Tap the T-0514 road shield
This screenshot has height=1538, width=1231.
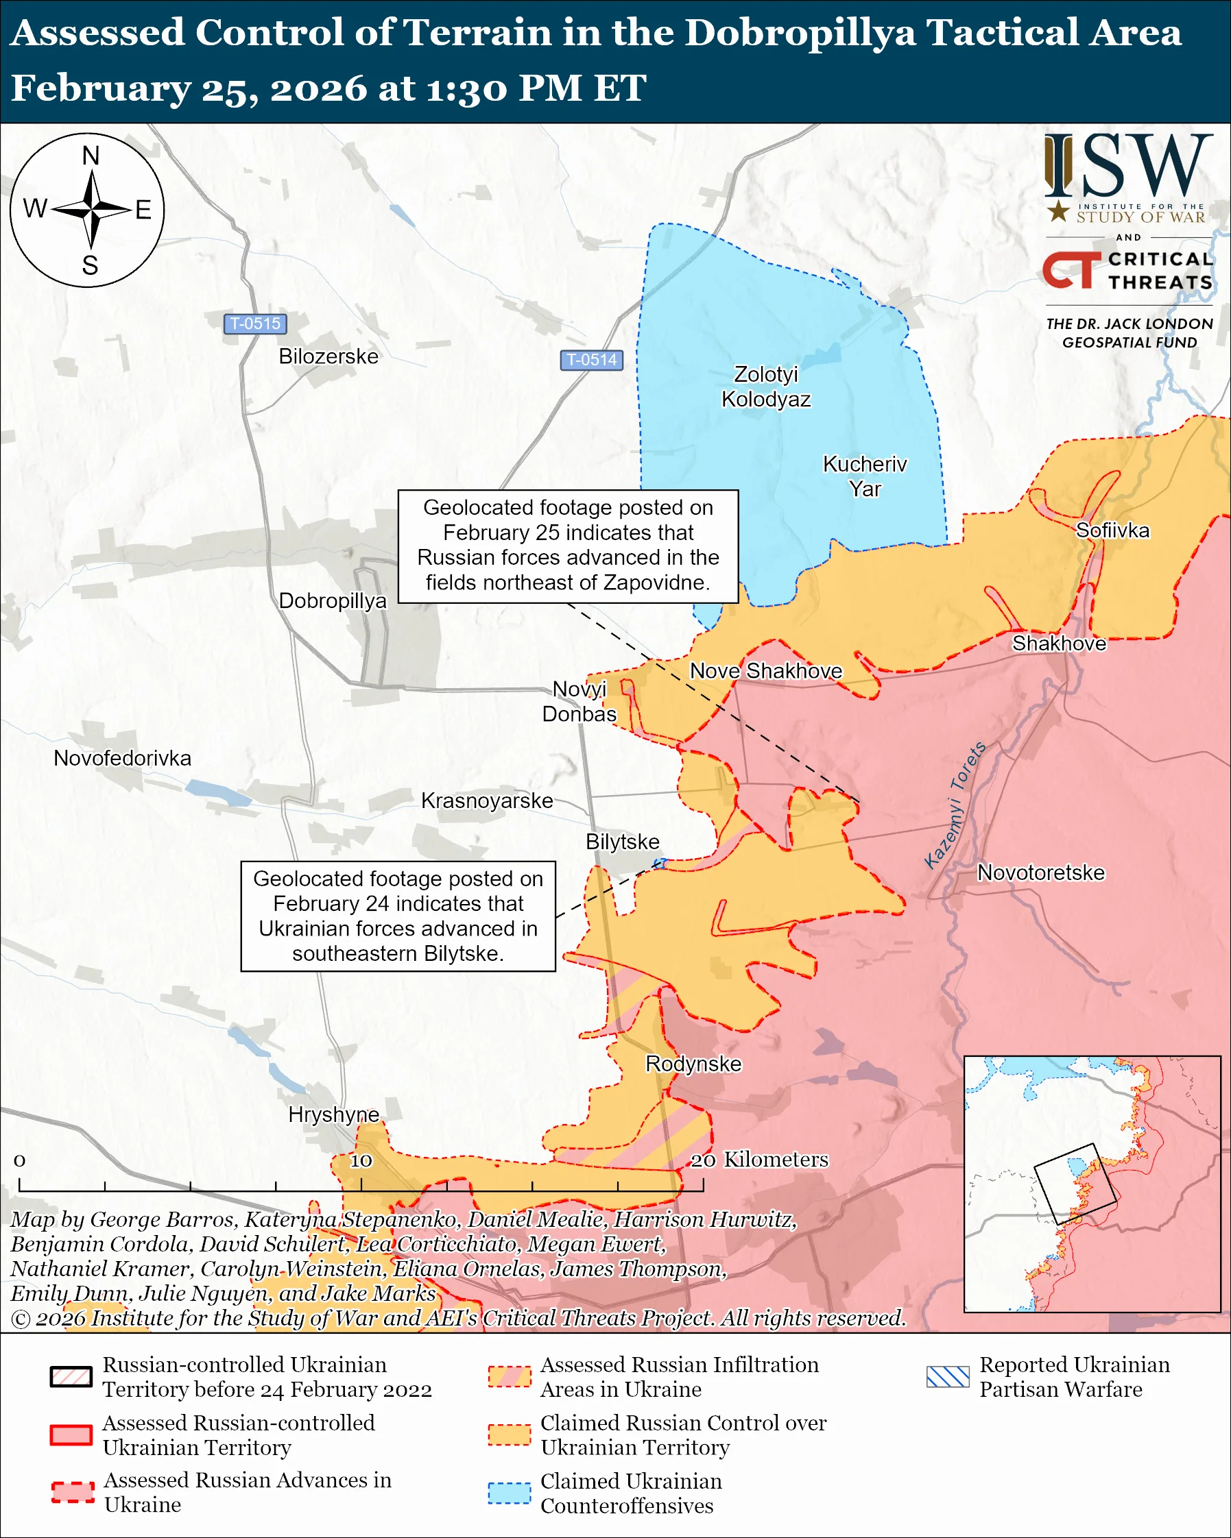click(591, 360)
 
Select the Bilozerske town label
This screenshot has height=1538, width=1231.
click(328, 356)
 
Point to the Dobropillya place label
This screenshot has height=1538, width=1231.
click(333, 600)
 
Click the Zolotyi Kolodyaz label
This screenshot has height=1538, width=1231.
click(766, 387)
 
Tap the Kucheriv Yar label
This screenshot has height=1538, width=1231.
click(865, 476)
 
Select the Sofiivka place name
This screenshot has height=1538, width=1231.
click(1112, 530)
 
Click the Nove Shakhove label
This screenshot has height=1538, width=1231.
click(766, 670)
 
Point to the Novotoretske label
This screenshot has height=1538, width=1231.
click(1040, 872)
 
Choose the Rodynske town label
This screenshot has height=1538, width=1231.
click(693, 1064)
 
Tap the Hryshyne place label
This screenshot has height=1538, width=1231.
click(333, 1114)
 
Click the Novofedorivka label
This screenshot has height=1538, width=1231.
click(123, 757)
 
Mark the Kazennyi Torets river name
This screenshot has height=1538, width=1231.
click(955, 805)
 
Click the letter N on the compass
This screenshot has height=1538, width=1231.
click(91, 156)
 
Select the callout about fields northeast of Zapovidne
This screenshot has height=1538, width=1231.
click(568, 546)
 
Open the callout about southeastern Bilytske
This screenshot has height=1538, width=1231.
click(398, 916)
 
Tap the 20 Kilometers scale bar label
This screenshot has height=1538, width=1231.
click(759, 1159)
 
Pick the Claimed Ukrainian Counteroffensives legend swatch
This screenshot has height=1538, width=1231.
click(510, 1493)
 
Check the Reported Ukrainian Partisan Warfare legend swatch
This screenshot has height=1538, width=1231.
click(948, 1377)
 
